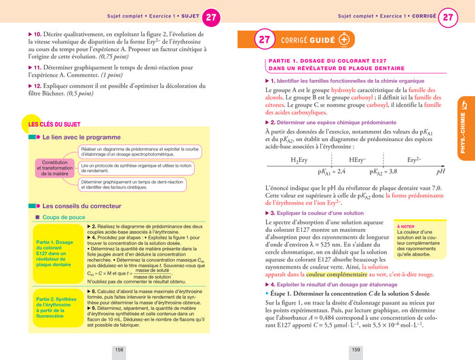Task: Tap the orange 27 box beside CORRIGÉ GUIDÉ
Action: point(264,39)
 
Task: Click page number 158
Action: point(119,350)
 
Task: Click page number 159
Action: point(355,350)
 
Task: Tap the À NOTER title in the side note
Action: point(406,226)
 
